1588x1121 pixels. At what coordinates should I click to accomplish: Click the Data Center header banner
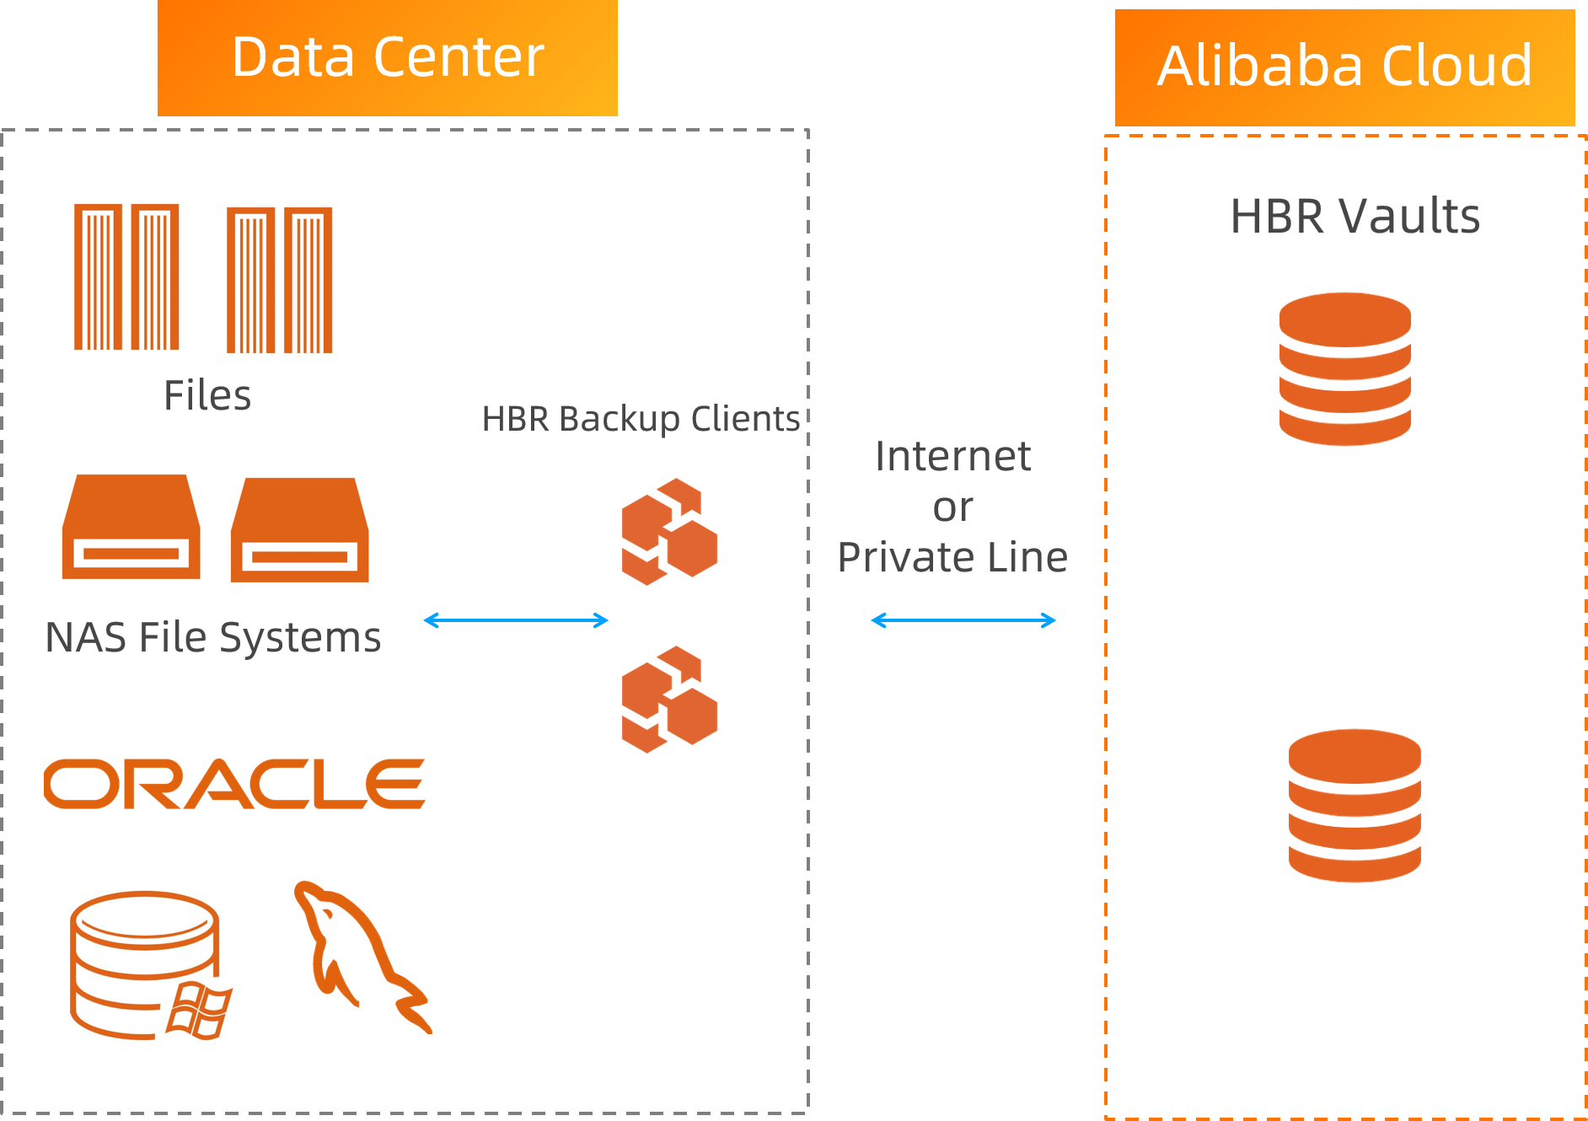(x=388, y=57)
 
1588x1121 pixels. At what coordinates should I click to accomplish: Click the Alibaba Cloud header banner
(x=1344, y=67)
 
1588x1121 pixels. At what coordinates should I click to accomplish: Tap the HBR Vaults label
(x=1355, y=216)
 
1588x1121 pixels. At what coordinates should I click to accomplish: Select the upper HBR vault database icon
(x=1344, y=368)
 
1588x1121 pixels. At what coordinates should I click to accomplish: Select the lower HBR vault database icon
(x=1355, y=805)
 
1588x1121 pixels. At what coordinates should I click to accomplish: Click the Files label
(x=207, y=395)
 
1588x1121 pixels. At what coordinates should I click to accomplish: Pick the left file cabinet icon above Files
(x=126, y=276)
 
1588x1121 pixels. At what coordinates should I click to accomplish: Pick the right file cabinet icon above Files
(x=279, y=280)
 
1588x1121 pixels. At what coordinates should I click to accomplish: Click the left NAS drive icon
(x=131, y=527)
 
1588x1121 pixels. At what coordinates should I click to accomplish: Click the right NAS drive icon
(x=299, y=530)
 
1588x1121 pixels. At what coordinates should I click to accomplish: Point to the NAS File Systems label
(x=212, y=637)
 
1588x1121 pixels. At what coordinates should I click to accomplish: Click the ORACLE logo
(x=234, y=784)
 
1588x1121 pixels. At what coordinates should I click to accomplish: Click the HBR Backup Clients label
(x=641, y=419)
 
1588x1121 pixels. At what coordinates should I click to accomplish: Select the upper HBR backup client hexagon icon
(x=669, y=532)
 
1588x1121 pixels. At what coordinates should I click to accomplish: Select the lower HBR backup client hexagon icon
(x=669, y=700)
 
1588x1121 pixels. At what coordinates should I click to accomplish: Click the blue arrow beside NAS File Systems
(x=516, y=621)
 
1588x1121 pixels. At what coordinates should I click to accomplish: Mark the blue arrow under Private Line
(x=963, y=621)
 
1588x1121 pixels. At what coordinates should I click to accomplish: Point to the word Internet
(x=952, y=456)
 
